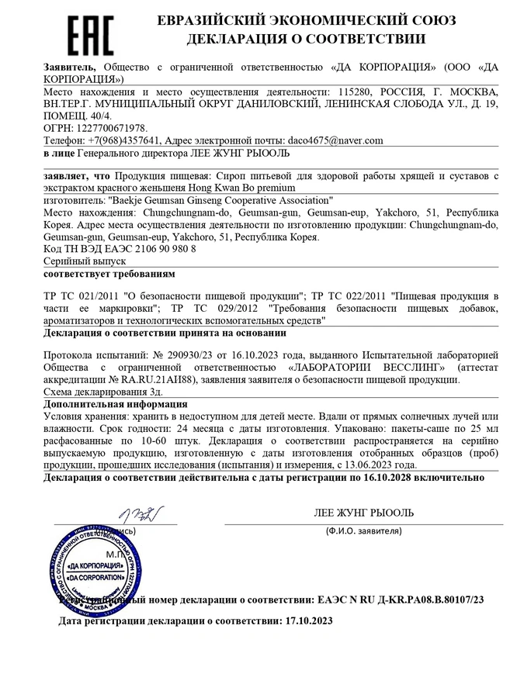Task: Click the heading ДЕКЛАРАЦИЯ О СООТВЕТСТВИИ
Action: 305,39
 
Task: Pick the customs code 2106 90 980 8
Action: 155,250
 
